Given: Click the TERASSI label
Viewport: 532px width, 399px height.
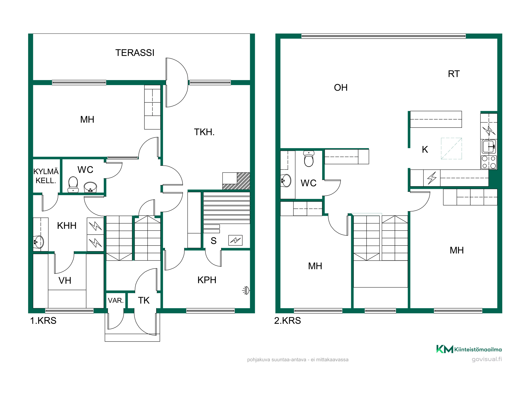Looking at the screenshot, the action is click(135, 53).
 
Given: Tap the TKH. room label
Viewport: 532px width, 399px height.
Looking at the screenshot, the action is click(204, 132).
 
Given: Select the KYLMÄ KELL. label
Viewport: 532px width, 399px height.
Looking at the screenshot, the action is click(46, 176).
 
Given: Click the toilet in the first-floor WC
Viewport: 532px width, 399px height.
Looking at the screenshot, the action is click(73, 184).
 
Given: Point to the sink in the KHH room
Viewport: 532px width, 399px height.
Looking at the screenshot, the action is click(39, 242).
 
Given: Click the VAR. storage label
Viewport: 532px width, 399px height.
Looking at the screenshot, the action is click(116, 301).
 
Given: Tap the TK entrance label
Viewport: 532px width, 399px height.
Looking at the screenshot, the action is click(144, 301).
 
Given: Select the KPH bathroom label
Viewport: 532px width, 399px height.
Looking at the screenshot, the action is click(207, 280).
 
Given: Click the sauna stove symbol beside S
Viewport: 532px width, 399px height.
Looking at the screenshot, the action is click(235, 240).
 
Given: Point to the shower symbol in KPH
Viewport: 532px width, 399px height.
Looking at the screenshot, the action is click(246, 290).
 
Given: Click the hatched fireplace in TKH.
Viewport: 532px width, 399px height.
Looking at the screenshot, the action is click(236, 181).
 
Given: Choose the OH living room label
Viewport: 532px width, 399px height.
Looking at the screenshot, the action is click(341, 88).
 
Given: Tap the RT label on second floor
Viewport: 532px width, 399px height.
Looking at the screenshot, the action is click(454, 74).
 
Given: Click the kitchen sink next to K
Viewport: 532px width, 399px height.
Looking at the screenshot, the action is click(489, 147).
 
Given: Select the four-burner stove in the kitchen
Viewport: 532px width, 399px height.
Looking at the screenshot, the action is click(489, 162).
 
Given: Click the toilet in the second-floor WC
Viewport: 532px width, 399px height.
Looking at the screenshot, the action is click(309, 159).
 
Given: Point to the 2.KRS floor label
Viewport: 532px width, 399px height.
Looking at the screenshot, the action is click(288, 321).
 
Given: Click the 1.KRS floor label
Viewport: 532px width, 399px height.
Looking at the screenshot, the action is click(43, 321).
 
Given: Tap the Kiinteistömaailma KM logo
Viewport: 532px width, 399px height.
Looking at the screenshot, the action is click(469, 349).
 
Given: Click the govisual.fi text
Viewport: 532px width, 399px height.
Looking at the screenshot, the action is click(487, 359).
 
